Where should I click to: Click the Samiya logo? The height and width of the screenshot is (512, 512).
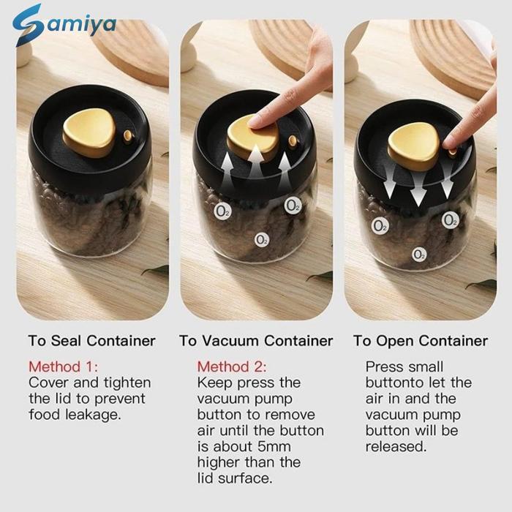64,25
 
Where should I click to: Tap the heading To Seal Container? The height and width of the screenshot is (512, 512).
91,341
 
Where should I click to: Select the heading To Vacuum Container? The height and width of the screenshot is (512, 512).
256,341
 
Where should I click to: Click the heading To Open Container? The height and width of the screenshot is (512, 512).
421,341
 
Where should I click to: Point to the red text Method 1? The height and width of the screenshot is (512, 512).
63,366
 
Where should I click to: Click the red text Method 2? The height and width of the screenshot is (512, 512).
232,366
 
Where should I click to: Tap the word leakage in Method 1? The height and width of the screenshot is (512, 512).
93,415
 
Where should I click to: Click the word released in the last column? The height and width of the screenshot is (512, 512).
396,446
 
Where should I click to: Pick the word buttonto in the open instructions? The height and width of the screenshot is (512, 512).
395,383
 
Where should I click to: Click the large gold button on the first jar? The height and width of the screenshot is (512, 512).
89,132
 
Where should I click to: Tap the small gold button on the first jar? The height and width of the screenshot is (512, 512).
128,137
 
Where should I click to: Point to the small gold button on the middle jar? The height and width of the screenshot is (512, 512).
293,141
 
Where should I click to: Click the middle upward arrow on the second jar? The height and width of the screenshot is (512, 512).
256,162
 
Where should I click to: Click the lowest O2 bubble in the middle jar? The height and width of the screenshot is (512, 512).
262,240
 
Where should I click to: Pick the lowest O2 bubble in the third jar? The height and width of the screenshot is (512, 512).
418,255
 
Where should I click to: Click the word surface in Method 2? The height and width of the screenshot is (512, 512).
245,478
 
